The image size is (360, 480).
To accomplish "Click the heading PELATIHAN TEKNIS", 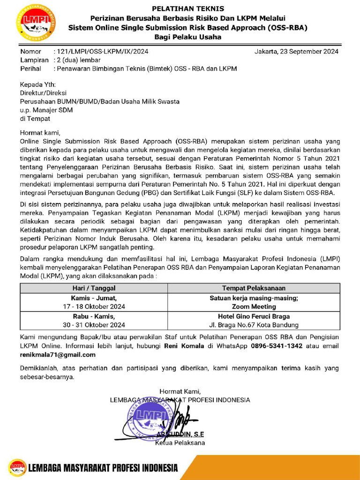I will pos(188,8).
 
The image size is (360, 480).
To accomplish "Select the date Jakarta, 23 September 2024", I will pos(296,52).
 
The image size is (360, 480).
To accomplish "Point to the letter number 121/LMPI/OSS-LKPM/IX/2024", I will pos(102,52).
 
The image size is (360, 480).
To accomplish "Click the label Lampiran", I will pos(34,60).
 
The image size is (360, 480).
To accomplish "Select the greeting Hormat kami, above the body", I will pos(40,133).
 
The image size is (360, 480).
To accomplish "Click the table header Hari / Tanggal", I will pos(94,288).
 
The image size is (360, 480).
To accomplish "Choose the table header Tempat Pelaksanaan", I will pos(254,288).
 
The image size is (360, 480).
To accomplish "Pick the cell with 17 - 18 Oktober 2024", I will pos(94,307).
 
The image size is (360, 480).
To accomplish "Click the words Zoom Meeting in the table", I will pos(254,307).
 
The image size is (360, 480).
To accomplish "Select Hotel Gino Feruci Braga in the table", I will pos(254,316).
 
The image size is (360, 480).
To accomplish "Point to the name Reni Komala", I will pos(184,346).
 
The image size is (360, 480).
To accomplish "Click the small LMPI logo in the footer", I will pos(17,467).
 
